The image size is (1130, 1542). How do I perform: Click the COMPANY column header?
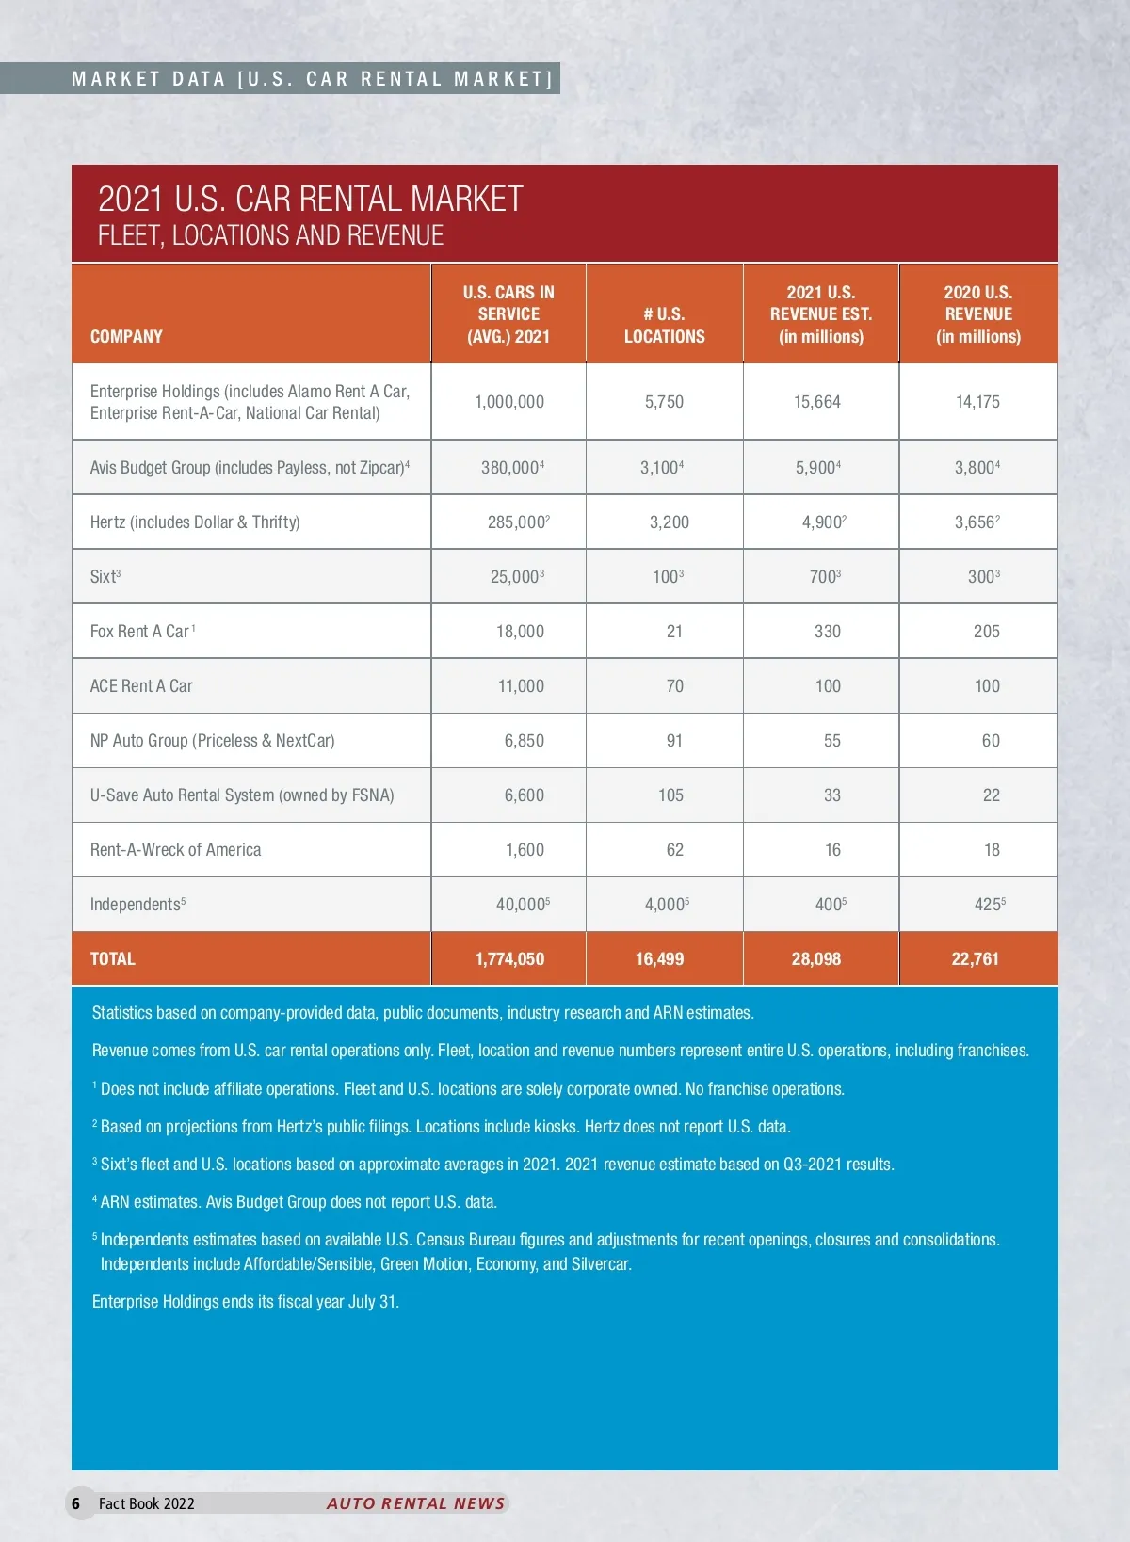pos(126,336)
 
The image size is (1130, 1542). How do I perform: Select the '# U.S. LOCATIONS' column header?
pos(664,325)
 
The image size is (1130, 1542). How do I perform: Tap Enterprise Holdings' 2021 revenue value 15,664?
pos(817,402)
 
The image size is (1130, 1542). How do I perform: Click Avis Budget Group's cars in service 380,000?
pos(510,467)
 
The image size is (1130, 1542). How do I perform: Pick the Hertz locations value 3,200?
pos(669,522)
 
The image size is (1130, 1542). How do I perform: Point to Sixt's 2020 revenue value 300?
pos(982,576)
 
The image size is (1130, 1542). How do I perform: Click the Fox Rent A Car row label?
pos(141,631)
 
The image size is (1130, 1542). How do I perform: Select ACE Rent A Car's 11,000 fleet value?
pos(521,685)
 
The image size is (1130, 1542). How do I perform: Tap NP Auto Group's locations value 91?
pos(674,740)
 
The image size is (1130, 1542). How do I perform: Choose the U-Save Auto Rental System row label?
pos(242,795)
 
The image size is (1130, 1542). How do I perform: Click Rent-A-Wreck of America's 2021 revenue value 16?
pos(832,849)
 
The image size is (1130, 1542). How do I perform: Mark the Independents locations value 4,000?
pos(665,904)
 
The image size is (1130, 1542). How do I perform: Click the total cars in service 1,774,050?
pos(509,958)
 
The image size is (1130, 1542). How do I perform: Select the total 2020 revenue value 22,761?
pos(975,958)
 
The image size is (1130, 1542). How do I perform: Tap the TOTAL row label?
pos(113,958)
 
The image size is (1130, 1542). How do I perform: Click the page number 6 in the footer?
pos(76,1503)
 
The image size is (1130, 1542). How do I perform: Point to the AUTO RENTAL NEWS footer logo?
pos(415,1503)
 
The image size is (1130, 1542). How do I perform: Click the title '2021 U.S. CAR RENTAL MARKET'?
pos(310,199)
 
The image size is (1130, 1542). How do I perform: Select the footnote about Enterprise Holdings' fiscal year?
pos(246,1301)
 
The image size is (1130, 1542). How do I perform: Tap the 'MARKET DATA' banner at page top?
pos(312,78)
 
